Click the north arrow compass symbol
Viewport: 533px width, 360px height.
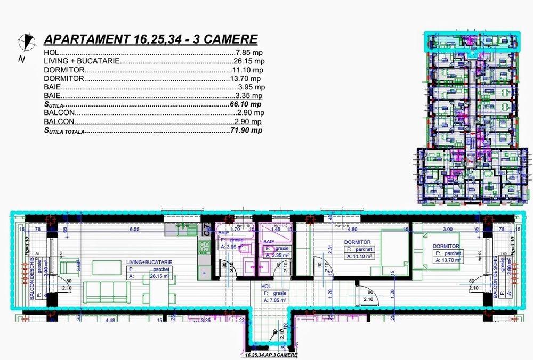[25, 40]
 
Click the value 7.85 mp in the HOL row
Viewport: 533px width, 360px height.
[249, 53]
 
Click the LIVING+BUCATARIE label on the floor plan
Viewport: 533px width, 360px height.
[149, 263]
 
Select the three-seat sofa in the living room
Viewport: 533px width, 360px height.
[108, 291]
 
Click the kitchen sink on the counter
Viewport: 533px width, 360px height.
[181, 230]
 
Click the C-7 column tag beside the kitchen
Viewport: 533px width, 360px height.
[206, 230]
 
